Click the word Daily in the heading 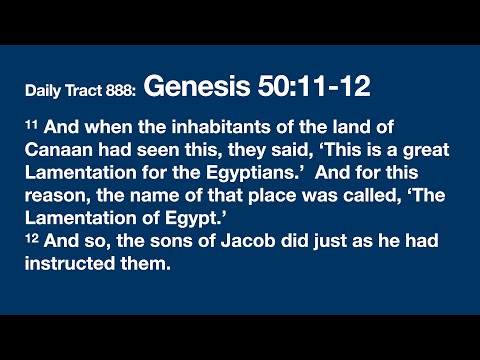(x=45, y=91)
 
